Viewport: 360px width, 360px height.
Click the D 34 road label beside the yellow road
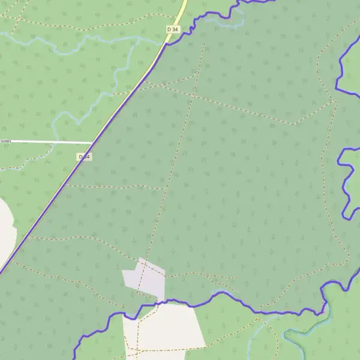[x=173, y=29]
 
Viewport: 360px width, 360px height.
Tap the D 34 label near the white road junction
[x=85, y=157]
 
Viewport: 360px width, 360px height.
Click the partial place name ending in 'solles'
[x=5, y=141]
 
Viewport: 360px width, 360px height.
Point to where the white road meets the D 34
[x=93, y=143]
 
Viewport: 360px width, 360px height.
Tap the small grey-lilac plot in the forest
[x=145, y=279]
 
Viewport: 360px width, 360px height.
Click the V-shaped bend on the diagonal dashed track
[x=295, y=124]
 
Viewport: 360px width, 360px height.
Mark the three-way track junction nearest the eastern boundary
[x=333, y=100]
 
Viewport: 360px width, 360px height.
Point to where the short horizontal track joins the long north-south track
[x=164, y=189]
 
